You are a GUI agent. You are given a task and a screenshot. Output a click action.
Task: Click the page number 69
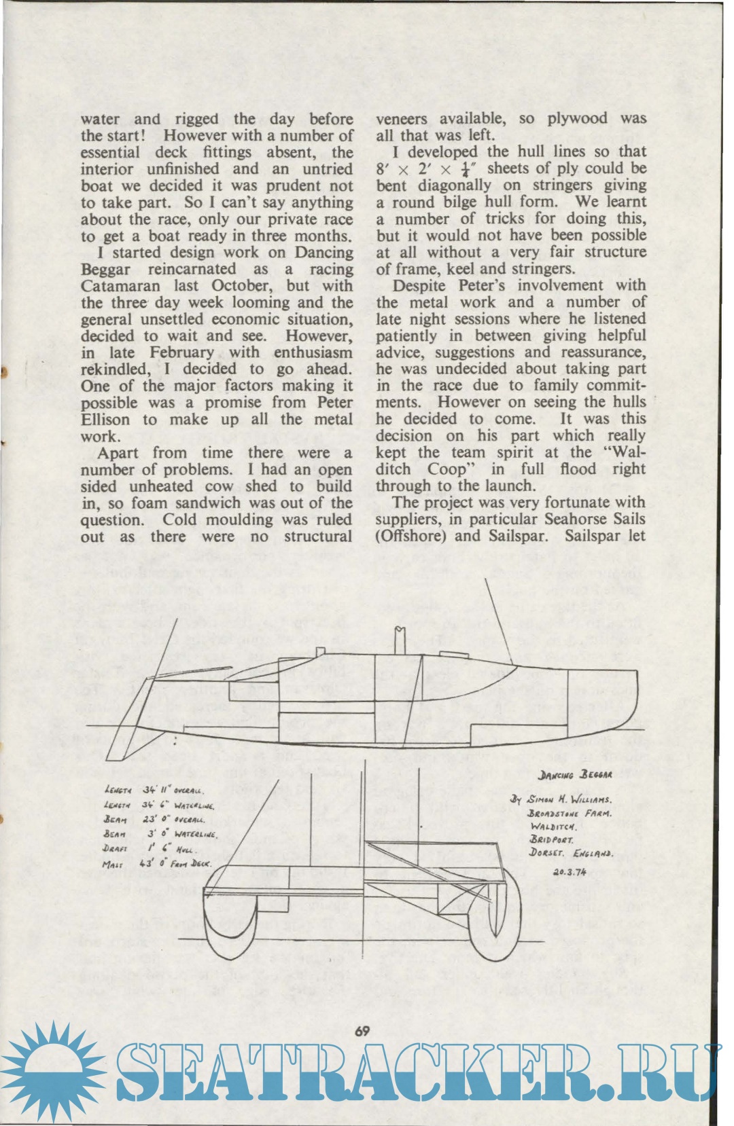point(362,1031)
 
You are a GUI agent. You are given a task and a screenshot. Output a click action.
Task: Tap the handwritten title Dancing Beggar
point(575,774)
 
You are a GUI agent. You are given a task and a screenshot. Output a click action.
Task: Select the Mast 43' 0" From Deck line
point(157,865)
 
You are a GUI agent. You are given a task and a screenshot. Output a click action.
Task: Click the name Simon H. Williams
point(570,799)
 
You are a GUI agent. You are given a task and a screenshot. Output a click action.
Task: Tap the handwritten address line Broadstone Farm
point(570,813)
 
